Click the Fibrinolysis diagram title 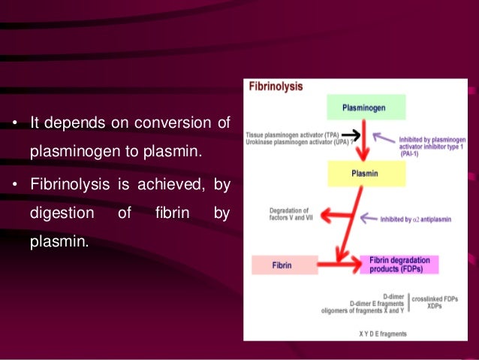(x=276, y=86)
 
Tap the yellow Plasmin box (x=366, y=174)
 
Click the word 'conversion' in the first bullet (x=170, y=123)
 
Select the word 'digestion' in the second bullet (x=62, y=213)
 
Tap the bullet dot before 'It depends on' (x=15, y=123)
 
